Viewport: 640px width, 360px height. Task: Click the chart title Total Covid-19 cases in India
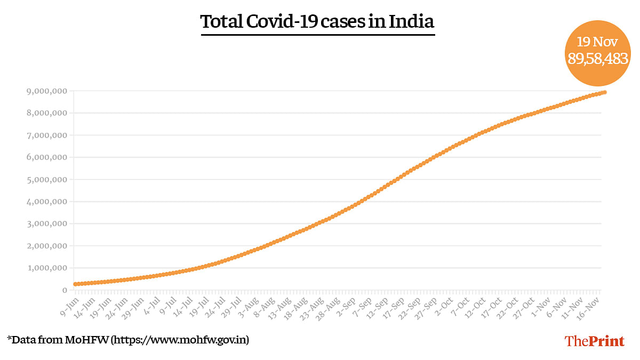point(317,22)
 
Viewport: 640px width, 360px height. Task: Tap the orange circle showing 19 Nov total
point(597,53)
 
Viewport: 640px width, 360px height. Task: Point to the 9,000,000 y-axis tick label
point(47,91)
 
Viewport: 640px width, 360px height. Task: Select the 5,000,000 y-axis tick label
point(47,179)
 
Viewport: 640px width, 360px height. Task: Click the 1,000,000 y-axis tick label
point(47,268)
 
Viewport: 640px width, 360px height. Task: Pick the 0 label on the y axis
point(65,290)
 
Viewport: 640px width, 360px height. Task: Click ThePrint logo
point(594,341)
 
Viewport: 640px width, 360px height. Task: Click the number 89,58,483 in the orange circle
point(597,59)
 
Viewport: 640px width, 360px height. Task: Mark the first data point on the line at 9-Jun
point(75,284)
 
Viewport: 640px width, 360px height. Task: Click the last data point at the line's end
point(604,92)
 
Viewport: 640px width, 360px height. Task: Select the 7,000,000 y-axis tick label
point(47,135)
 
